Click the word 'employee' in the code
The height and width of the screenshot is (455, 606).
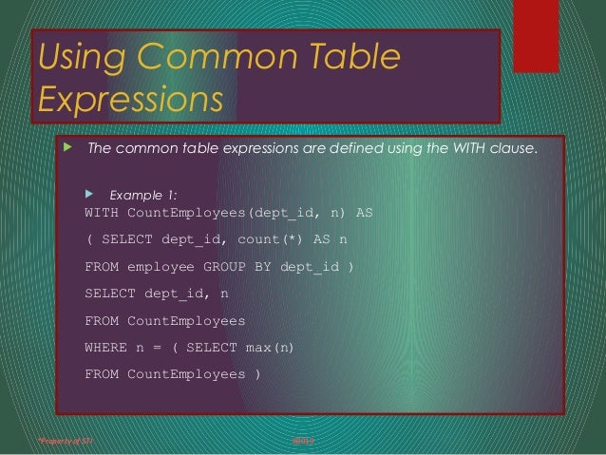click(x=159, y=267)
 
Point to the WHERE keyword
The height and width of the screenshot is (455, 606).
click(x=105, y=348)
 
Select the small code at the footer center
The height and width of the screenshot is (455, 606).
click(x=302, y=441)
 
